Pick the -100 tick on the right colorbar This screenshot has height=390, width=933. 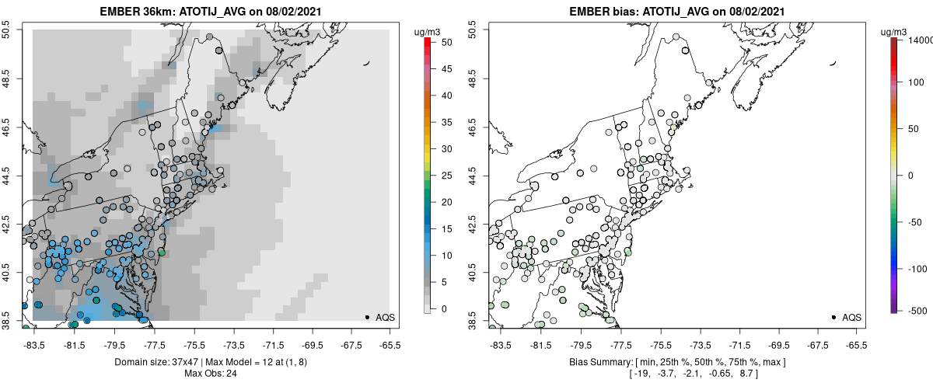tap(917, 268)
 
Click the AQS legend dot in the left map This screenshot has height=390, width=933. tap(367, 317)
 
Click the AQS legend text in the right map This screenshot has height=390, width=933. tap(851, 317)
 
